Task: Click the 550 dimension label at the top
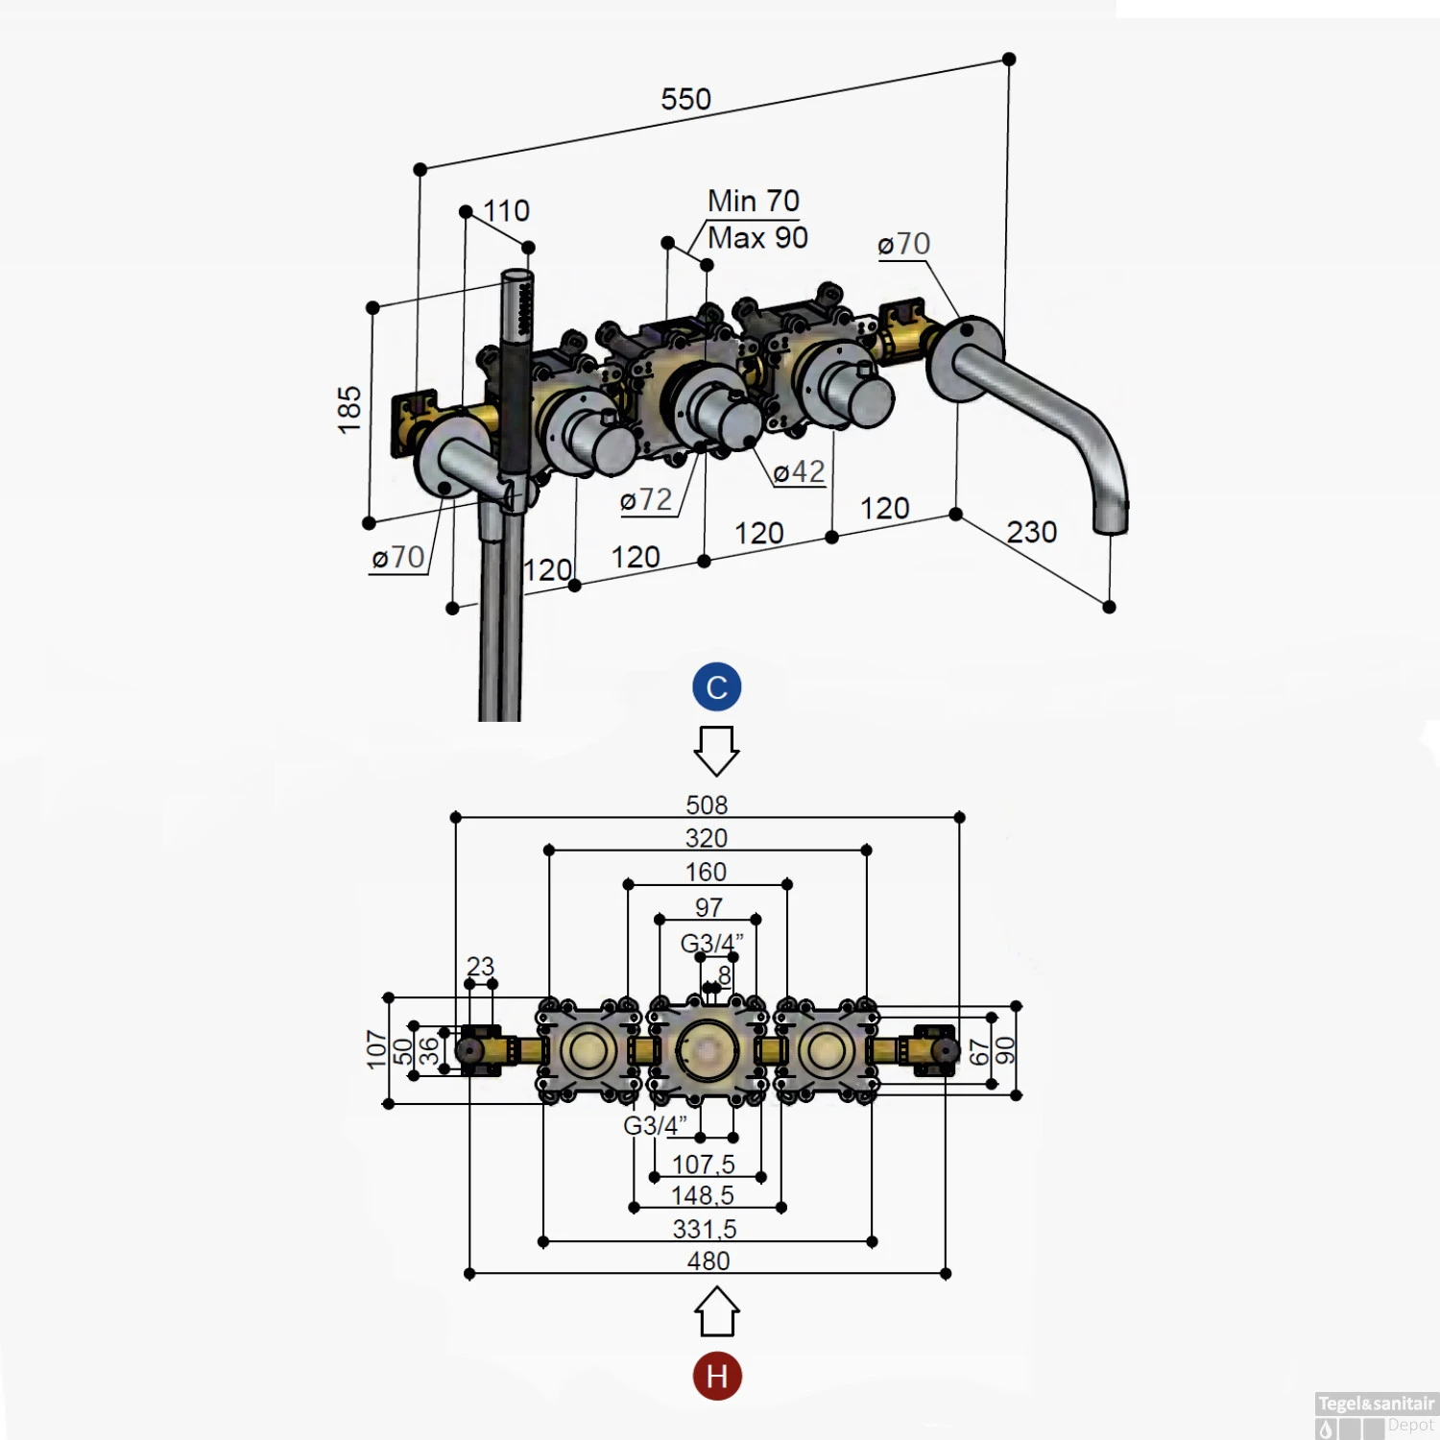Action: click(685, 99)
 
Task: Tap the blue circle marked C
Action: click(716, 687)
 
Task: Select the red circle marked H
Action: click(716, 1376)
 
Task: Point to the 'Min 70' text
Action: click(753, 201)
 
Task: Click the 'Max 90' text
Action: click(757, 237)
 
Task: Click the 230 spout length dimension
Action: click(1031, 532)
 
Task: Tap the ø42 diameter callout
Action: click(799, 472)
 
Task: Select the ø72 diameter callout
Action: click(646, 500)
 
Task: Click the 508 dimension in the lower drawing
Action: click(707, 804)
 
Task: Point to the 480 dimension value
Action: click(708, 1260)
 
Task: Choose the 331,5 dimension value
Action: click(705, 1229)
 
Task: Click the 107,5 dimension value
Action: click(703, 1164)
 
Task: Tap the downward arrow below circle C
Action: click(716, 750)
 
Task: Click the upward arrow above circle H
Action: click(716, 1312)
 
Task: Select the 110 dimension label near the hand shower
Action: click(506, 210)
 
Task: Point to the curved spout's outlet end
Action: click(1111, 521)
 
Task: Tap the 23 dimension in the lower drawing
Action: click(480, 966)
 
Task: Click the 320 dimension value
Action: click(706, 838)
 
